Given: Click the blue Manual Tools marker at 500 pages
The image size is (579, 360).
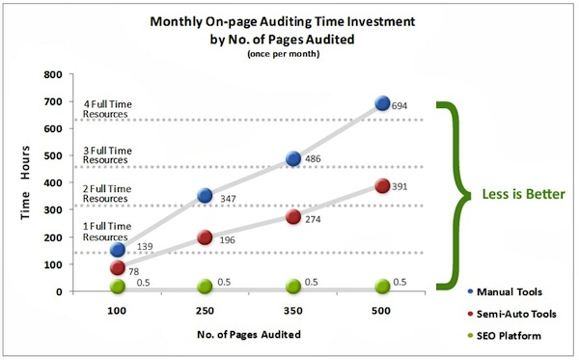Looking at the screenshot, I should [383, 103].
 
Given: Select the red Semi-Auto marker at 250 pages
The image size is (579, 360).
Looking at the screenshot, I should [205, 237].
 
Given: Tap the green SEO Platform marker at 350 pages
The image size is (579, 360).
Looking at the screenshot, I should [293, 286].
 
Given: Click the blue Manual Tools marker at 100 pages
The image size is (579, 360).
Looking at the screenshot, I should [117, 250].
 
